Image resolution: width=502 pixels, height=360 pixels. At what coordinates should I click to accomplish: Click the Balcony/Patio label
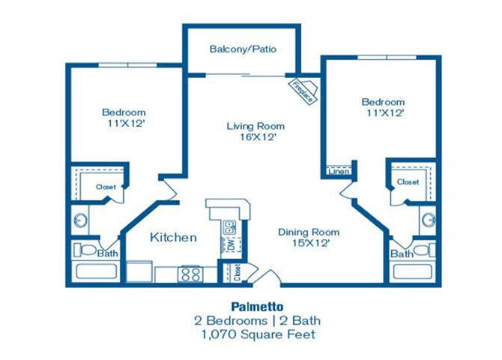click(243, 49)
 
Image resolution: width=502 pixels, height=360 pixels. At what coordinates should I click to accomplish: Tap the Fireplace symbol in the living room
click(304, 91)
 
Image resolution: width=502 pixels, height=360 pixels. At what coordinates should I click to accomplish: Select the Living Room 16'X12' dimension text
click(258, 137)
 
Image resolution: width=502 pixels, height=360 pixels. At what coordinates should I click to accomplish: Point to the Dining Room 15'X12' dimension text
click(310, 243)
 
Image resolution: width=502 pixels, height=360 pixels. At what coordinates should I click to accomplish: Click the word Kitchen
click(173, 238)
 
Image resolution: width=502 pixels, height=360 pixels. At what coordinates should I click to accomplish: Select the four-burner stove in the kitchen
click(190, 274)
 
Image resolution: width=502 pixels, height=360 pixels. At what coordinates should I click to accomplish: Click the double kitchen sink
click(230, 227)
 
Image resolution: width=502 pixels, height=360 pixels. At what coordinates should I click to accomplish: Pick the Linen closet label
click(339, 172)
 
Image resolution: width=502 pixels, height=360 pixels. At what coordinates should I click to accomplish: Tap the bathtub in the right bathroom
click(413, 271)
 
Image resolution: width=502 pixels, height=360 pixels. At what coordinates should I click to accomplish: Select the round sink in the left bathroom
click(80, 220)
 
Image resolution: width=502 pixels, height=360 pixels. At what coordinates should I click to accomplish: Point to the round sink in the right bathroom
click(429, 220)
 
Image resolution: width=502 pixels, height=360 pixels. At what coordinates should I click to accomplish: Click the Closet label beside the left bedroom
click(106, 187)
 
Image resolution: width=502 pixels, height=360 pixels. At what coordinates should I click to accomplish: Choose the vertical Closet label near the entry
click(238, 272)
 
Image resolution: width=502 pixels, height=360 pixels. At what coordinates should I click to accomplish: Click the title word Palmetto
click(257, 307)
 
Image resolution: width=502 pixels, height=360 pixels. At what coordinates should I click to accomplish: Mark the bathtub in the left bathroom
click(97, 271)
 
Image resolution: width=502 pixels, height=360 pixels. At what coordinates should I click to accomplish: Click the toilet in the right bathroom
click(424, 250)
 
